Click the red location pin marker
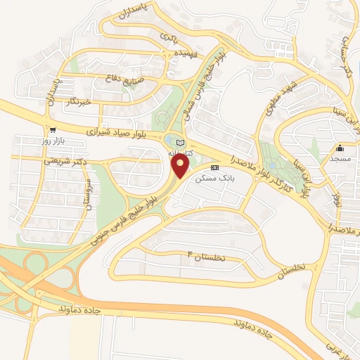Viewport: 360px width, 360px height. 181,166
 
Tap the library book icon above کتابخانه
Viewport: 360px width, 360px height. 179,143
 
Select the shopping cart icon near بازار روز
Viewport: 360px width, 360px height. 53,130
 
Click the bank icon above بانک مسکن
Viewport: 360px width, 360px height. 214,168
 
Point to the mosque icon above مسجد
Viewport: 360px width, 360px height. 340,148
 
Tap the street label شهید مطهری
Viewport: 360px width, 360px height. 283,98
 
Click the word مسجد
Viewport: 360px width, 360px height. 340,160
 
